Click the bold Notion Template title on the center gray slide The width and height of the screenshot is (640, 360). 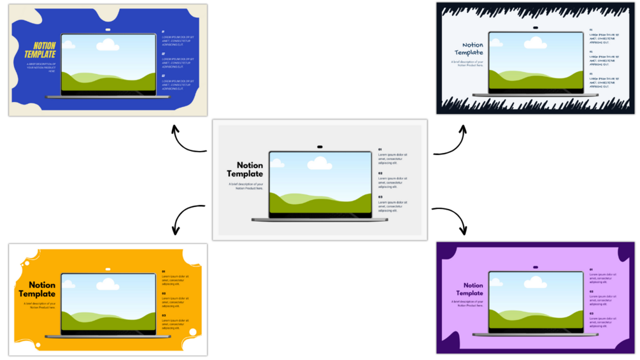(x=245, y=169)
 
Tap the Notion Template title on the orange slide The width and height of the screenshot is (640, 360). (x=38, y=289)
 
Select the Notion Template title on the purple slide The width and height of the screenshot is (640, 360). (x=469, y=289)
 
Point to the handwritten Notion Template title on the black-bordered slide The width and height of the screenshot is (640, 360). (x=469, y=48)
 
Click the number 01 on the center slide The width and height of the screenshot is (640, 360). (x=380, y=149)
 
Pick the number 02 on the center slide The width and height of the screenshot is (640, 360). (x=380, y=173)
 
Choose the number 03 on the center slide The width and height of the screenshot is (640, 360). (x=380, y=197)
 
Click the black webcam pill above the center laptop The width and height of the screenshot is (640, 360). (x=320, y=147)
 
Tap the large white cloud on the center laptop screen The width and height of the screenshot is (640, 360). (x=320, y=164)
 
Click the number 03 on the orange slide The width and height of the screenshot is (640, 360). (x=164, y=315)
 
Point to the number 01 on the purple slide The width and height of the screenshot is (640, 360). (x=591, y=270)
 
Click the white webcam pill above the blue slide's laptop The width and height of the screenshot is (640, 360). (x=108, y=30)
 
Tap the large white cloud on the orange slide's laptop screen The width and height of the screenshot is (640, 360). (x=108, y=284)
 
